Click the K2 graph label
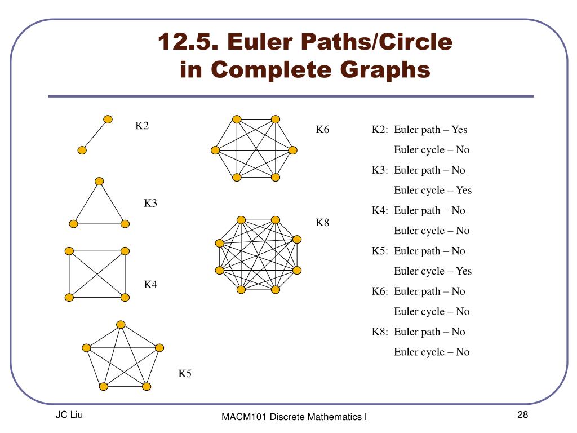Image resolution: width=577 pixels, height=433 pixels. (x=141, y=126)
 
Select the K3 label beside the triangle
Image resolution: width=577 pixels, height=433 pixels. (x=150, y=203)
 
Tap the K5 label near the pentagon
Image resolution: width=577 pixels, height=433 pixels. (x=185, y=373)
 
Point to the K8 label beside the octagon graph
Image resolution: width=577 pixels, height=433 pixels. (x=322, y=223)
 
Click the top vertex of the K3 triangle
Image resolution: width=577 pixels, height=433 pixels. (x=99, y=181)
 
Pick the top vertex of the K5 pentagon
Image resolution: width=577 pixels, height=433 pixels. (x=121, y=324)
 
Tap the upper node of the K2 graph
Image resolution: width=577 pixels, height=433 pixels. (x=108, y=119)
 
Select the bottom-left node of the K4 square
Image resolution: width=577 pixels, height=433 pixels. (x=69, y=297)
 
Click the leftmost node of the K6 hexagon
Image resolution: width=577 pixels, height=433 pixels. (x=215, y=150)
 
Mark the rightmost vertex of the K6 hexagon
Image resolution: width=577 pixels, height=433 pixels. (x=292, y=150)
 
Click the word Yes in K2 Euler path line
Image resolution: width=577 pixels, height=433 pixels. (x=459, y=130)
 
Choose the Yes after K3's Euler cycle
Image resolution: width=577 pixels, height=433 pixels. (x=464, y=190)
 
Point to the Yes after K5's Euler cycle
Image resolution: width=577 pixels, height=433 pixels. (x=464, y=271)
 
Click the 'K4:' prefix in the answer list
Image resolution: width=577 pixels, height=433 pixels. (x=380, y=210)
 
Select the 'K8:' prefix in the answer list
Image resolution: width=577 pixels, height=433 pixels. (x=380, y=332)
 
